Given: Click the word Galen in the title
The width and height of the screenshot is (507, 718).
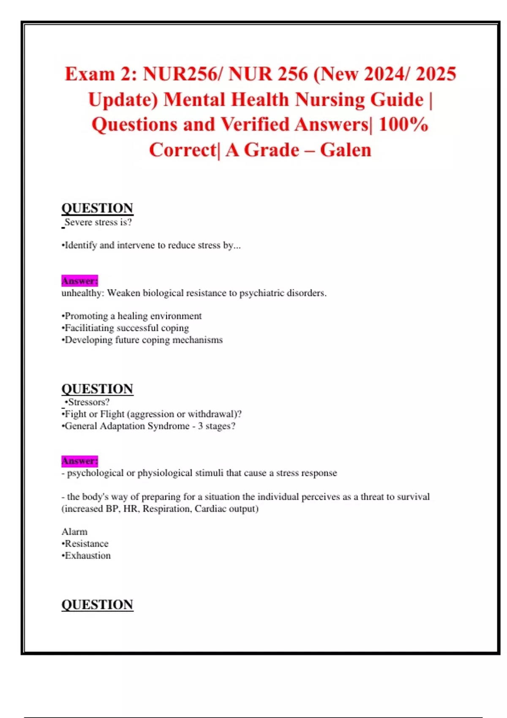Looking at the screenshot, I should (345, 150).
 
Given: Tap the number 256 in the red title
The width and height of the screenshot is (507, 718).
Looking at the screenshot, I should (292, 74).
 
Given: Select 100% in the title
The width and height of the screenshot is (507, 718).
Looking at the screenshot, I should (403, 125).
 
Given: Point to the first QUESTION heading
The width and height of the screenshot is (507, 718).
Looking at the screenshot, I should (97, 208).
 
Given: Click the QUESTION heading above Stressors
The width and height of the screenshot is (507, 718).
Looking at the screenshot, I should (97, 389).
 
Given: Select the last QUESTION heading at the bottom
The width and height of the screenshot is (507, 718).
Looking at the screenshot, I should (97, 604).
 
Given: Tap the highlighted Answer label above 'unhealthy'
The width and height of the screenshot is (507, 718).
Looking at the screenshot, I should (79, 281).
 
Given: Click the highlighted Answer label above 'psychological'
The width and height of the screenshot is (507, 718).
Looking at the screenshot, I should (79, 461).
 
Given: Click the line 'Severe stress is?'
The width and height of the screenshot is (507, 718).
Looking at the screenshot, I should (98, 222).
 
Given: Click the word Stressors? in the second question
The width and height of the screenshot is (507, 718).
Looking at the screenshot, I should (88, 402).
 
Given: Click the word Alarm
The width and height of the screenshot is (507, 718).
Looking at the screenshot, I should (74, 532).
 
